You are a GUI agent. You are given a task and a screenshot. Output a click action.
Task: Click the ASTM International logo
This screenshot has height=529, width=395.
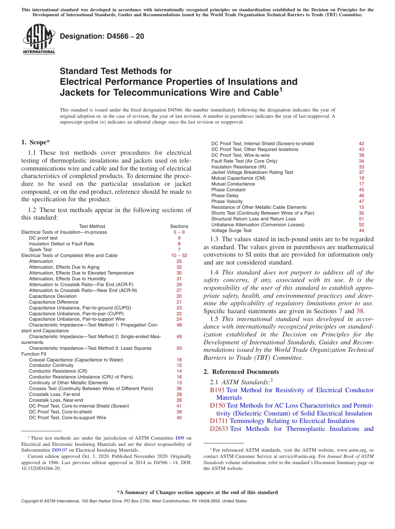pos(39,40)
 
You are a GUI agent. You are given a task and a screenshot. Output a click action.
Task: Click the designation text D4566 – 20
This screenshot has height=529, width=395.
pos(102,36)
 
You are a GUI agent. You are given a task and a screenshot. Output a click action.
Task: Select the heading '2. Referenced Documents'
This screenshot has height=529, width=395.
pos(241,371)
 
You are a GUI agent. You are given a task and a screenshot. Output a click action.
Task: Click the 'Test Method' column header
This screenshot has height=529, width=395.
pos(92,226)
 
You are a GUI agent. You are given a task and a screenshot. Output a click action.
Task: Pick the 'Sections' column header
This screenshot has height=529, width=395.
pos(179,226)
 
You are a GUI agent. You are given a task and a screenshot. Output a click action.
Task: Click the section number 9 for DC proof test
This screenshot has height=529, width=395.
pos(179,238)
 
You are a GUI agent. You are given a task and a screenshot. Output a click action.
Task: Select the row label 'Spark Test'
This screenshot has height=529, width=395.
pos(40,250)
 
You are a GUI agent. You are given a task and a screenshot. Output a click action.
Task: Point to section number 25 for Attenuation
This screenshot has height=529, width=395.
pos(179,261)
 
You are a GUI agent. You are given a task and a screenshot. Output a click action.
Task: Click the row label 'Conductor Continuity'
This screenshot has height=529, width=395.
pos(51,365)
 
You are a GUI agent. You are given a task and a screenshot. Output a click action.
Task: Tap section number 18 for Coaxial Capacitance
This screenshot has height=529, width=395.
pos(179,359)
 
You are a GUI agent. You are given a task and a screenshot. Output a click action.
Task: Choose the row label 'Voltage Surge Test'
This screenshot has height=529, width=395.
pos(231,230)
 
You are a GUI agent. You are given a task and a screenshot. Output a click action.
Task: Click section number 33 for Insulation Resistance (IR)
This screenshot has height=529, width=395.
pos(361,167)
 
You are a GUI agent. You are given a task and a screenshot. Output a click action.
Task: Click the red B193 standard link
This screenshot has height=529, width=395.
pos(217,390)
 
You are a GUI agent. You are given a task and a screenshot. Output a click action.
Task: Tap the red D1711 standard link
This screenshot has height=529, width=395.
pos(219,421)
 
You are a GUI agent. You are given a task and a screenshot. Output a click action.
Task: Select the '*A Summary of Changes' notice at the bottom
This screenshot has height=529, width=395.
pos(197,492)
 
